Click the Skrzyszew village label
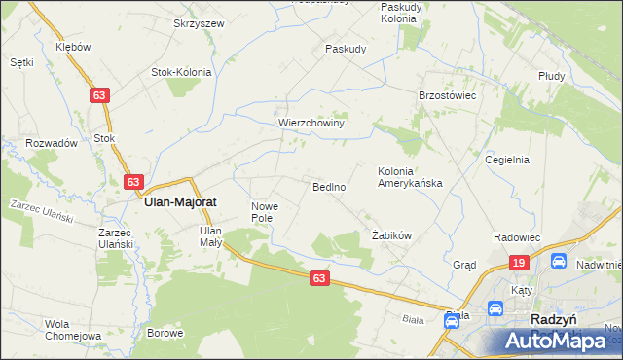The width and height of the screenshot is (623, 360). coord(199,23)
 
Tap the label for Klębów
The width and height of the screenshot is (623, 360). coord(74,47)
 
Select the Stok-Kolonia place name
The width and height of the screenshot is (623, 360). coord(181,71)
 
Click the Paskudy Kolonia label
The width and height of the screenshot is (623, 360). coord(400,13)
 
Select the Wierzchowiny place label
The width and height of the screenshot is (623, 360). coord(311,124)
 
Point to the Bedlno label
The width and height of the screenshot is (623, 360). coord(329,186)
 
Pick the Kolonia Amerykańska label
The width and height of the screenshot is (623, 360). coord(410,177)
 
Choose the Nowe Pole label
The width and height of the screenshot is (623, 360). coord(265,212)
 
